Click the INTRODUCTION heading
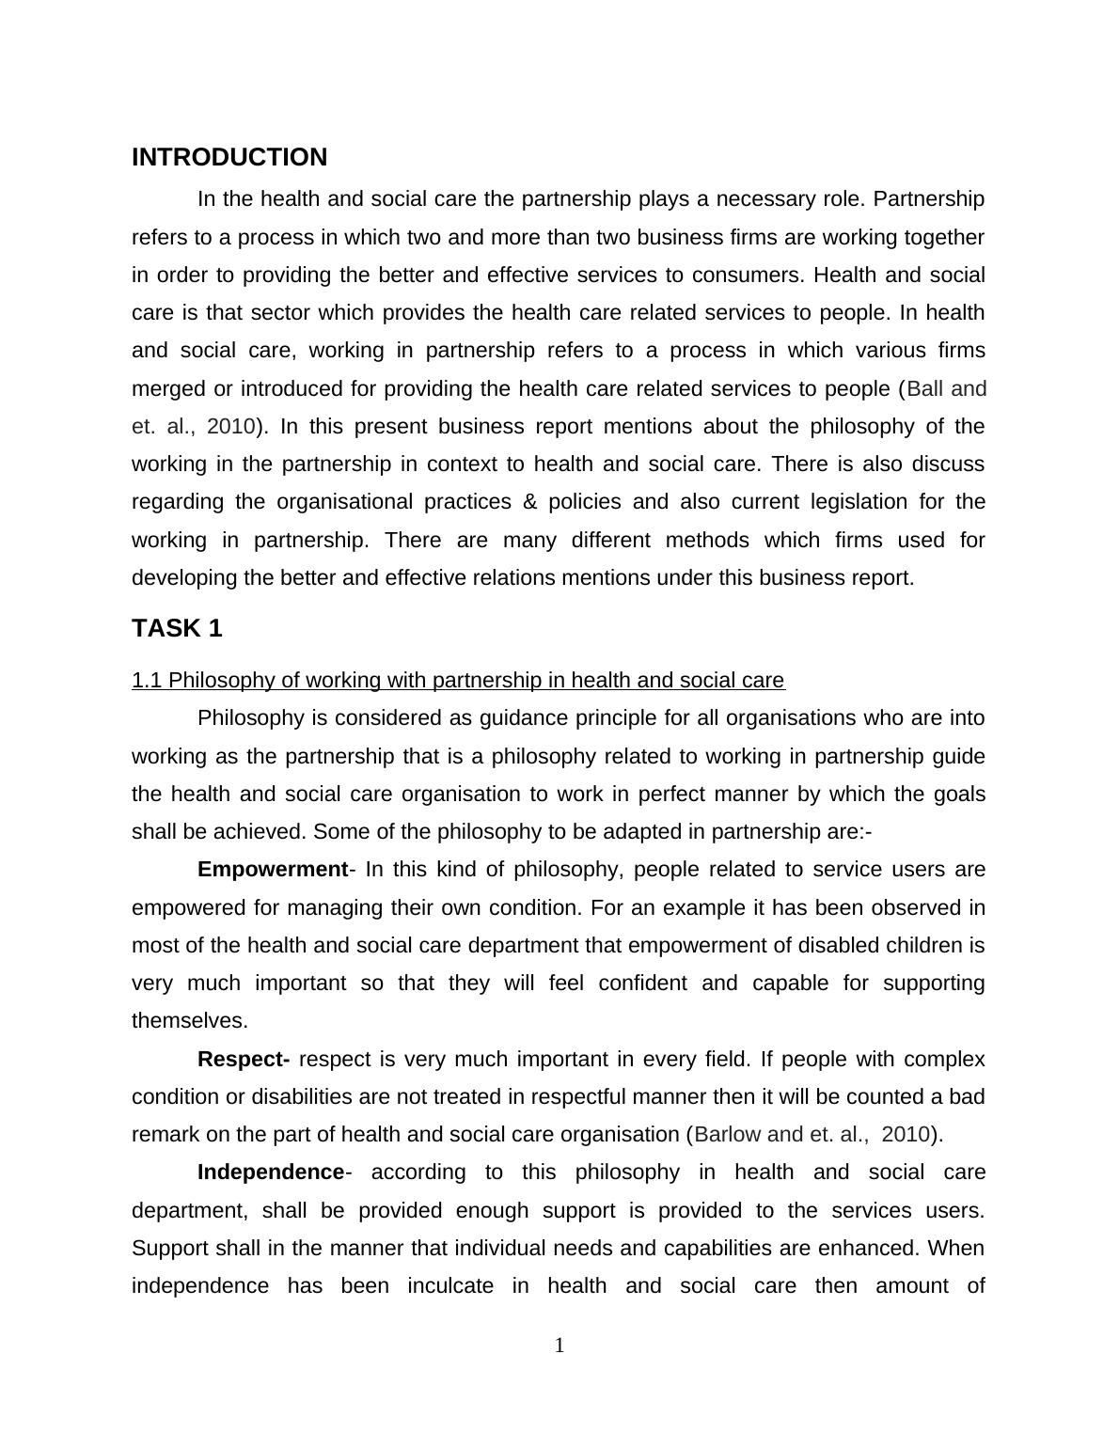(229, 157)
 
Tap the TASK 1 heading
(177, 628)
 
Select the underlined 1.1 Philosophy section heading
(458, 680)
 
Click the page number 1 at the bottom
(559, 1346)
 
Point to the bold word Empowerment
(272, 869)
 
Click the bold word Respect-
(244, 1059)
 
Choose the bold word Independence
(271, 1172)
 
